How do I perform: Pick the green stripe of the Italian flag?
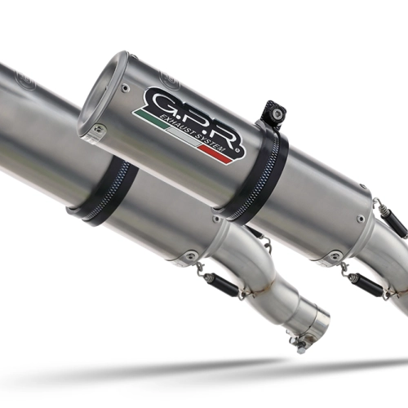[150, 118]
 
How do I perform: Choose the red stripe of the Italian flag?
[215, 154]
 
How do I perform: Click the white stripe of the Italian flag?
[183, 136]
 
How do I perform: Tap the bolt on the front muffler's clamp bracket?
[276, 113]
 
